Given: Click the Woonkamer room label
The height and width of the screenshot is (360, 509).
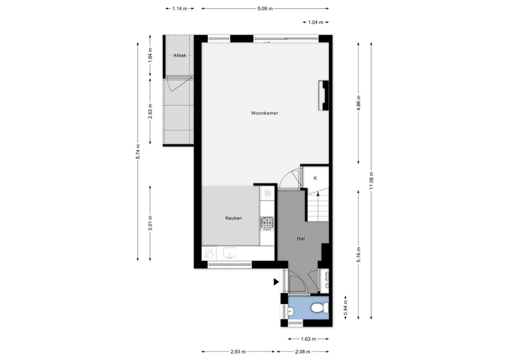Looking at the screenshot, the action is tap(264, 113).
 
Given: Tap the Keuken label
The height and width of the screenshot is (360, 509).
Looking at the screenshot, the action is tap(233, 218).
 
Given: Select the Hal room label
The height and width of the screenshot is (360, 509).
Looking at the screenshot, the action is tap(301, 239).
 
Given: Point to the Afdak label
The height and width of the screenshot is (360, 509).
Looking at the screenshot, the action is tap(180, 55).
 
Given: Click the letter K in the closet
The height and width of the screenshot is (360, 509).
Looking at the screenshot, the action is tap(315, 178).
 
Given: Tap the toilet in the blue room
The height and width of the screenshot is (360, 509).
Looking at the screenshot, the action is tap(319, 307).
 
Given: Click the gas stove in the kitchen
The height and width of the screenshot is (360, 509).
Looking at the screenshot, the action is tap(267, 223).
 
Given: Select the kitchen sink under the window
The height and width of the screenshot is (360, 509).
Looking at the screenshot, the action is tap(230, 253).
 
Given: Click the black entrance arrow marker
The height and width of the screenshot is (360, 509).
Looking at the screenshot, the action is tap(276, 282).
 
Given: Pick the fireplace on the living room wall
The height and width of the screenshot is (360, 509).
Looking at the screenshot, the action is tap(323, 96).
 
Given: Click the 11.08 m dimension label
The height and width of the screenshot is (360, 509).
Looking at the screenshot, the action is tap(371, 180).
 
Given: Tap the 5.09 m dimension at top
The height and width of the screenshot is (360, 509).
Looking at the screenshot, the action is tap(265, 9).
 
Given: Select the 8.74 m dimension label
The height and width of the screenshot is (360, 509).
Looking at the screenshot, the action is tap(138, 152).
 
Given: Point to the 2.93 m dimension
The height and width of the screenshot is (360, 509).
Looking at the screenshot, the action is tap(238, 352).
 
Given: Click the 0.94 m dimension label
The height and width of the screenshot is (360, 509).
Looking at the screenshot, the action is tap(346, 307).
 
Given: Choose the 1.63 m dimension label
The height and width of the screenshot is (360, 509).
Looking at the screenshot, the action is tap(308, 339).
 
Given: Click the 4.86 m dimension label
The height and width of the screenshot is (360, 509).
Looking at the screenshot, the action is tap(358, 103).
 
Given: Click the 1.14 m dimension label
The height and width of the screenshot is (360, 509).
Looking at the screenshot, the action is tap(180, 9).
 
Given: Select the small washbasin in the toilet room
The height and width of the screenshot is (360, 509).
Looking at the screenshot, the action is tap(291, 312).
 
